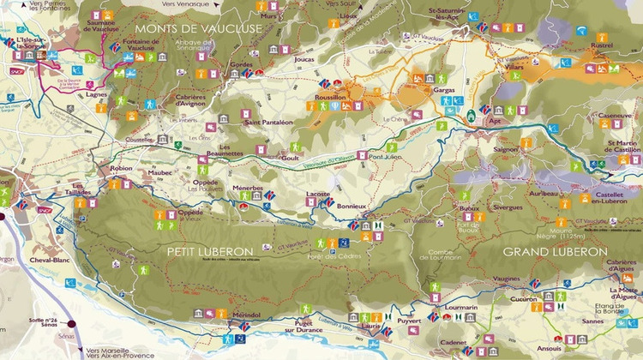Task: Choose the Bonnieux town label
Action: pos(352,207)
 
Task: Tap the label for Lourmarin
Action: pos(460,306)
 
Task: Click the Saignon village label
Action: pos(506,148)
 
